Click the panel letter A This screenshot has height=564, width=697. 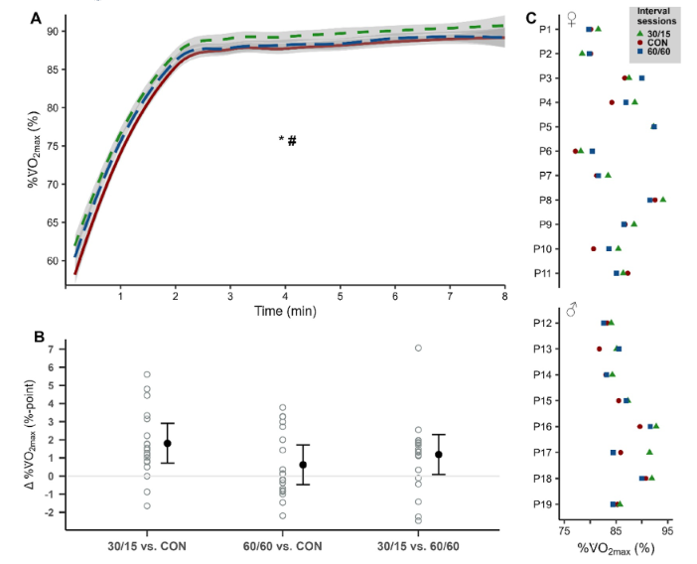[x=37, y=18]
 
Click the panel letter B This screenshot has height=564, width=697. [x=37, y=336]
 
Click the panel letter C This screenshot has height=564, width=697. [x=532, y=18]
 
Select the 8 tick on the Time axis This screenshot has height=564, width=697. [x=504, y=296]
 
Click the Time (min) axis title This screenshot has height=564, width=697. [x=285, y=312]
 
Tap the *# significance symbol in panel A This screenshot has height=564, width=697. [x=288, y=140]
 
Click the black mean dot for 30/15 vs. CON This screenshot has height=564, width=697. [x=168, y=443]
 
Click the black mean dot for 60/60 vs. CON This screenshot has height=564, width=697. [x=303, y=465]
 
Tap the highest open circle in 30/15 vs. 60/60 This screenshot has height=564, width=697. [x=418, y=348]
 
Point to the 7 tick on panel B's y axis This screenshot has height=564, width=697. [x=52, y=349]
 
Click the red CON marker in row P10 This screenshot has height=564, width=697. [x=594, y=249]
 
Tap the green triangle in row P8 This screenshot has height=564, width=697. [x=662, y=200]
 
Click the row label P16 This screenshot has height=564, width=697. [x=543, y=426]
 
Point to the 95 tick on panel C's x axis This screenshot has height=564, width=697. [x=668, y=528]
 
